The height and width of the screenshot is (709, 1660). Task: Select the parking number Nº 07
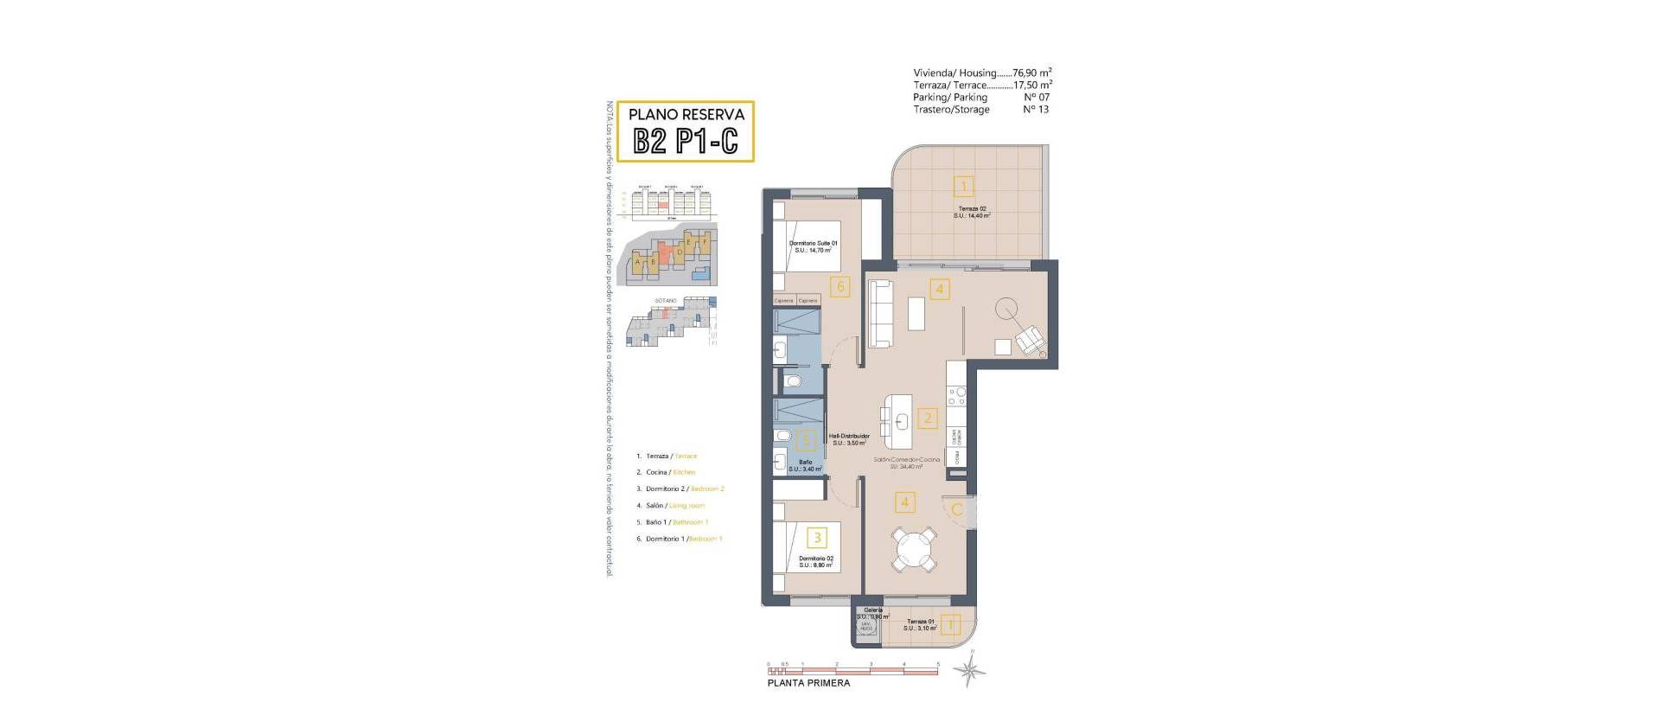click(x=1036, y=98)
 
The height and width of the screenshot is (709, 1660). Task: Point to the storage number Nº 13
click(x=1036, y=110)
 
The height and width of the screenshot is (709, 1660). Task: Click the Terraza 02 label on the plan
click(x=972, y=212)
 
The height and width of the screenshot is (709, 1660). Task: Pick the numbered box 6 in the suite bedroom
click(x=840, y=286)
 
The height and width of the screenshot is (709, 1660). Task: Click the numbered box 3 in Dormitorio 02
click(x=818, y=538)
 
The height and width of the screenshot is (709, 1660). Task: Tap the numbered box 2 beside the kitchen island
click(x=928, y=418)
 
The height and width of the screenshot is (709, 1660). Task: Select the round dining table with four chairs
click(x=915, y=549)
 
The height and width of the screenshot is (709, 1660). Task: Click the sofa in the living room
click(x=880, y=316)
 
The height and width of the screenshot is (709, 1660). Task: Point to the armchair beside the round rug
click(x=1030, y=340)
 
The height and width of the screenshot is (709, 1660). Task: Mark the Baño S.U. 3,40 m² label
click(x=805, y=465)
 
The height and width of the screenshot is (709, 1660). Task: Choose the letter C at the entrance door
click(x=956, y=509)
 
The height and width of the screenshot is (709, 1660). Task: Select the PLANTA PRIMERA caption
click(x=808, y=683)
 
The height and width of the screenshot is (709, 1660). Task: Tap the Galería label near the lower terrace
click(x=872, y=610)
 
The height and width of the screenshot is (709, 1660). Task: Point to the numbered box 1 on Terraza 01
click(x=950, y=624)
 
